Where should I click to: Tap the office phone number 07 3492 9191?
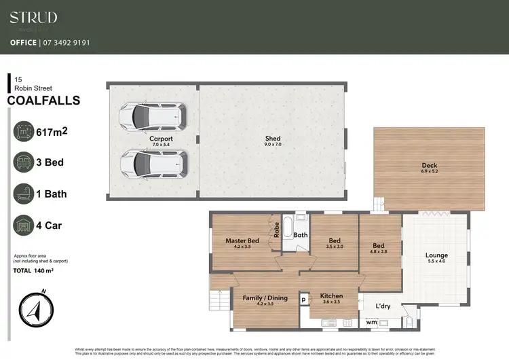tap(64, 42)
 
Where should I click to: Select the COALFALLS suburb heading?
tap(43, 101)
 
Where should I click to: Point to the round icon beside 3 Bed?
tap(24, 163)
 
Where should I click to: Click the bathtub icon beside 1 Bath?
tap(24, 194)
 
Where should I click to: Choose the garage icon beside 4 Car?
tap(24, 226)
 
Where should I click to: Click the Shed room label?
tap(272, 139)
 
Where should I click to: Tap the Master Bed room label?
tap(242, 240)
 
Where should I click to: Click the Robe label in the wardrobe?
tap(277, 230)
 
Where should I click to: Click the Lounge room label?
tap(436, 256)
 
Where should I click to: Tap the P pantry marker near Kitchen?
tap(303, 299)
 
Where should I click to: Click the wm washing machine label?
tap(371, 322)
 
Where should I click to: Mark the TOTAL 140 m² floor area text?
tap(33, 270)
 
